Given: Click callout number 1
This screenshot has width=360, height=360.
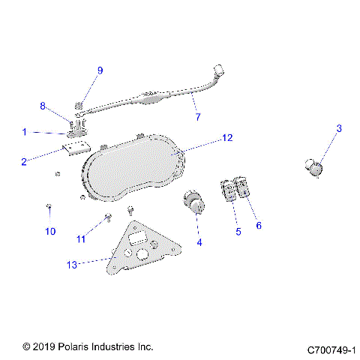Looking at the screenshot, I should tap(24, 132).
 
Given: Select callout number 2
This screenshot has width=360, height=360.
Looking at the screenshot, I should tap(24, 160).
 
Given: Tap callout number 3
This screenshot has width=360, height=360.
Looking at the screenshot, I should tap(338, 129).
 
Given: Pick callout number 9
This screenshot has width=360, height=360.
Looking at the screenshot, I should tap(100, 70).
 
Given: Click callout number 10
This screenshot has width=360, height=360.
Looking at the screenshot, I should tap(50, 232).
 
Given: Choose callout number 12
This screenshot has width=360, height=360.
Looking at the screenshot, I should tap(227, 138).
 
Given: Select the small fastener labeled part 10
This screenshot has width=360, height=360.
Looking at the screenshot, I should tap(49, 205).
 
